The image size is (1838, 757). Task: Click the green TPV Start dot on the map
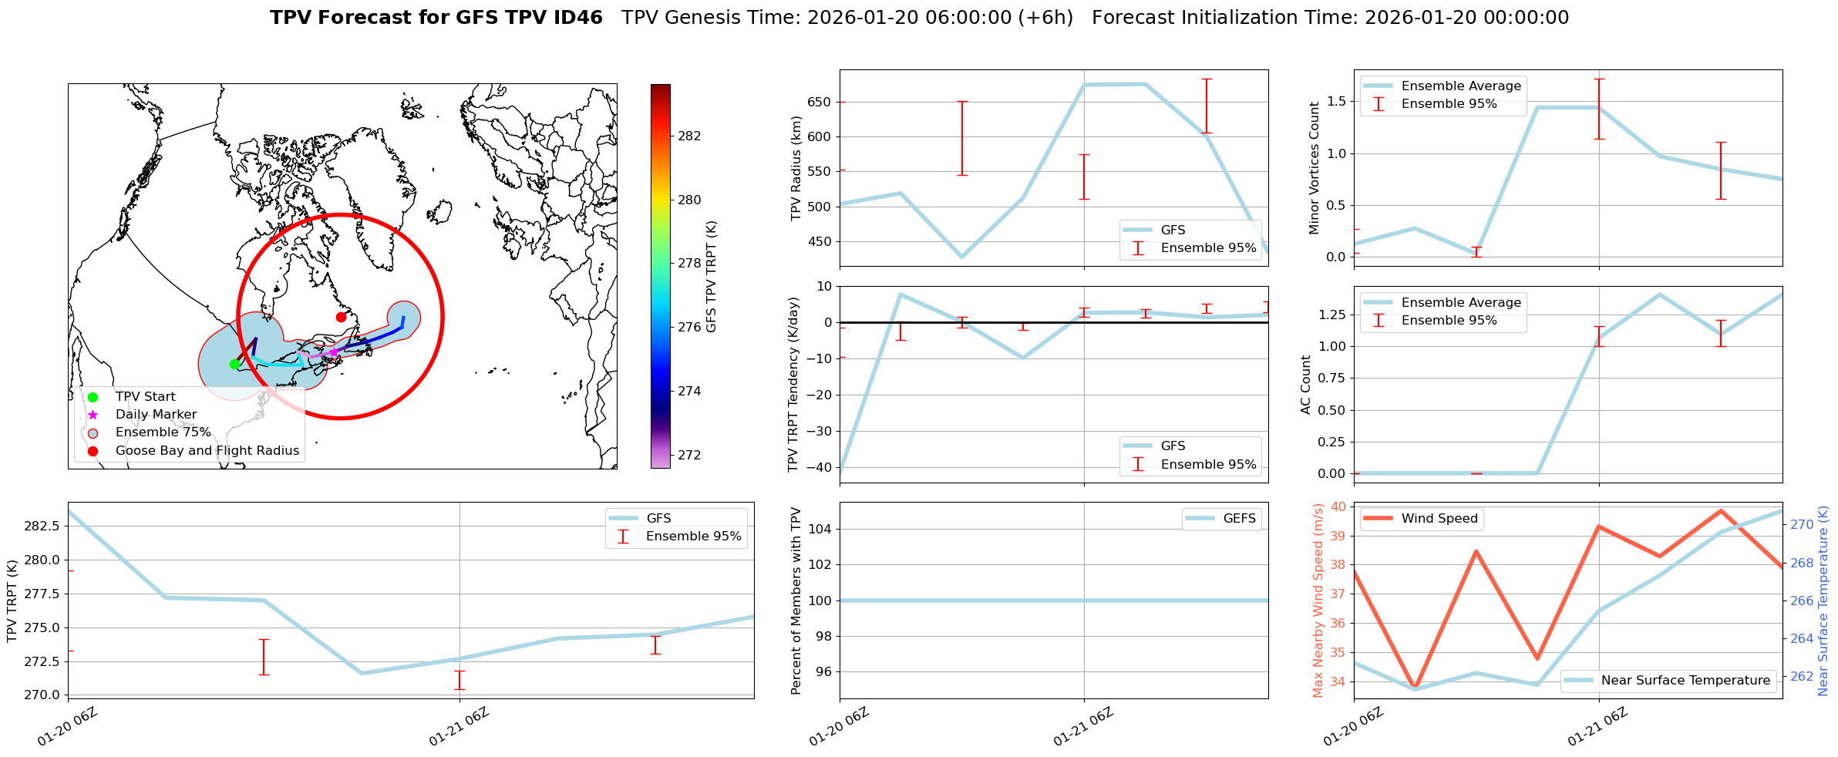click(x=234, y=364)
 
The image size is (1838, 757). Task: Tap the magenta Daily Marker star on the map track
click(x=333, y=352)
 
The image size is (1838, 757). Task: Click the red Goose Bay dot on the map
click(x=341, y=317)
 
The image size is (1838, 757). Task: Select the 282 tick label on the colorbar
click(x=689, y=136)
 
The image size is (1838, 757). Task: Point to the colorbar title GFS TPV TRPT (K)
click(x=711, y=277)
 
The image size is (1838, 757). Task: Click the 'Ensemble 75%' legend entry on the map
click(x=163, y=432)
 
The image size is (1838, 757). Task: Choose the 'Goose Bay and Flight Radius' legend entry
click(x=207, y=451)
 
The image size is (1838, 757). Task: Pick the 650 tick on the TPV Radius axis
click(x=819, y=103)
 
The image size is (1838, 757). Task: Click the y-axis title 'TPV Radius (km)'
click(x=796, y=168)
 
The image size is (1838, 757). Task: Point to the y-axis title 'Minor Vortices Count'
click(x=1314, y=168)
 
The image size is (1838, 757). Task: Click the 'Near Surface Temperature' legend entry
click(x=1685, y=681)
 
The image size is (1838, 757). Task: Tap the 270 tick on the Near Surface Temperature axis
click(x=1802, y=525)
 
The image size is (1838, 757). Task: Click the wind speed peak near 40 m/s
click(x=1720, y=510)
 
